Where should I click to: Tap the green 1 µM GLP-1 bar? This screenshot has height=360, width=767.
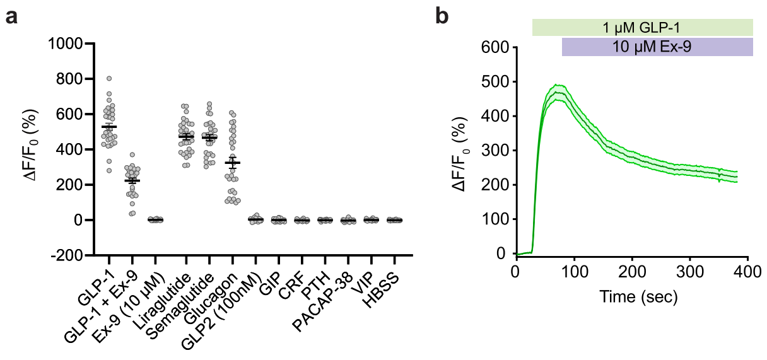[x=642, y=27]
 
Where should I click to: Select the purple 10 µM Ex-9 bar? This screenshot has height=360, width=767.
[x=657, y=47]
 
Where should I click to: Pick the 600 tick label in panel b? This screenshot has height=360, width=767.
[x=495, y=47]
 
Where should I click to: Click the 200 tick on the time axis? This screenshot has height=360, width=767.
[x=631, y=271]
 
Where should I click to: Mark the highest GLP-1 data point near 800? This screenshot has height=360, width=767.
[x=109, y=78]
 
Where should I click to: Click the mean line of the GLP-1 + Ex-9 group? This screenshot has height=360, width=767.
[x=132, y=181]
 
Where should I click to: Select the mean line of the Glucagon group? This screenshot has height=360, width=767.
[x=232, y=163]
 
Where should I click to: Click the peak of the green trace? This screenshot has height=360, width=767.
[x=556, y=92]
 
